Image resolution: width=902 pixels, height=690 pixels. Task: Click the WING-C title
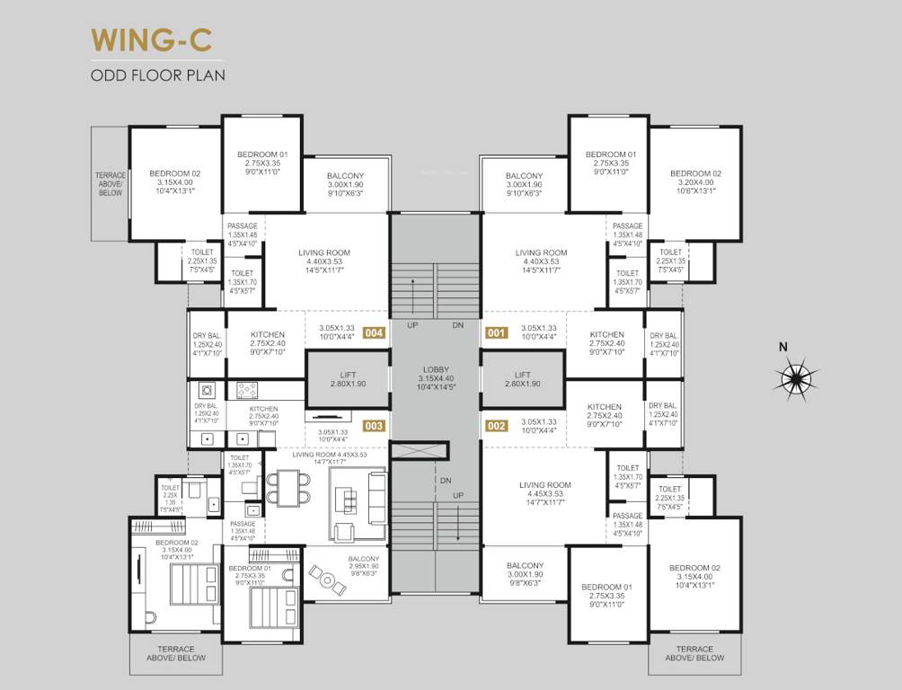tap(156, 40)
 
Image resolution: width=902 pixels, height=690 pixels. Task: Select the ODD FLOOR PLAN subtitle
tap(157, 75)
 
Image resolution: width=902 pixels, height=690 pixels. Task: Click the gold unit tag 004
tap(375, 332)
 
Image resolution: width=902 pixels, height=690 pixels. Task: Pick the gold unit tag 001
tap(496, 332)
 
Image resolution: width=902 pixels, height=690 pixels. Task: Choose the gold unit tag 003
tap(375, 426)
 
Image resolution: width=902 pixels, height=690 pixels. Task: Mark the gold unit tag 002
tap(496, 426)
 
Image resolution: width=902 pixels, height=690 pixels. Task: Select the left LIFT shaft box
tap(348, 379)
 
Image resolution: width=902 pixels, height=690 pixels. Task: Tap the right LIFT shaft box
tap(523, 379)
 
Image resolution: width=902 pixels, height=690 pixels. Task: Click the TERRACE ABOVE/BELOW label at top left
tap(110, 183)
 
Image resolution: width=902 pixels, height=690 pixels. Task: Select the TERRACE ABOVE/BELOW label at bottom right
tap(694, 653)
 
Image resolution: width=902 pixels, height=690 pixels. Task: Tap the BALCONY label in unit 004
tap(345, 184)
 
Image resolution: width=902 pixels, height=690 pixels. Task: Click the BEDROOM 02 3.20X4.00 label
tap(695, 181)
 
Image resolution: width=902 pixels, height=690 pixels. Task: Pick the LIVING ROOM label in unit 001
tap(541, 261)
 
